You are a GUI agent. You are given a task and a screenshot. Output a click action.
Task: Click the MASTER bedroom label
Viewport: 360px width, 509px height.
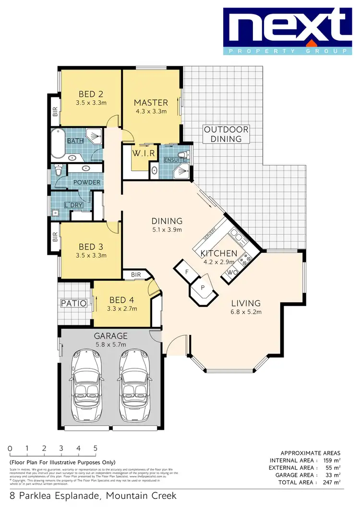pos(151,103)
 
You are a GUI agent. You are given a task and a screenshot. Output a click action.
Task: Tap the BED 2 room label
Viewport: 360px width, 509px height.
pos(91,94)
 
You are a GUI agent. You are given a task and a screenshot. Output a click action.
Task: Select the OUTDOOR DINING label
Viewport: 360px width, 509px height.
pos(226,134)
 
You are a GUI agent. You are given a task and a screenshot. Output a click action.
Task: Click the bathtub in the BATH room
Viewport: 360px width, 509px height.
pos(59,143)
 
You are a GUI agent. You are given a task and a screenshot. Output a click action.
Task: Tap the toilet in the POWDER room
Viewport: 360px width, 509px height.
pos(59,170)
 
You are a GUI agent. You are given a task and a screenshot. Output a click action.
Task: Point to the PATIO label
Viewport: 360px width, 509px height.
pos(73,303)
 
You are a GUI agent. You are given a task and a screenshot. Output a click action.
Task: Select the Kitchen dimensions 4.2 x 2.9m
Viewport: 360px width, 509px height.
pos(218,262)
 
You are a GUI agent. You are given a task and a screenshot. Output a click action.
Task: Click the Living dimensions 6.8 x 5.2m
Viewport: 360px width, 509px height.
pos(245,312)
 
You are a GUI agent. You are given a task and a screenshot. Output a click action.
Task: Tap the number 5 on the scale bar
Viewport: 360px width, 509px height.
pos(96,448)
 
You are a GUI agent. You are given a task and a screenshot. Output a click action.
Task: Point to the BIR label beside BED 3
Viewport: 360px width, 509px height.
pos(55,237)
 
